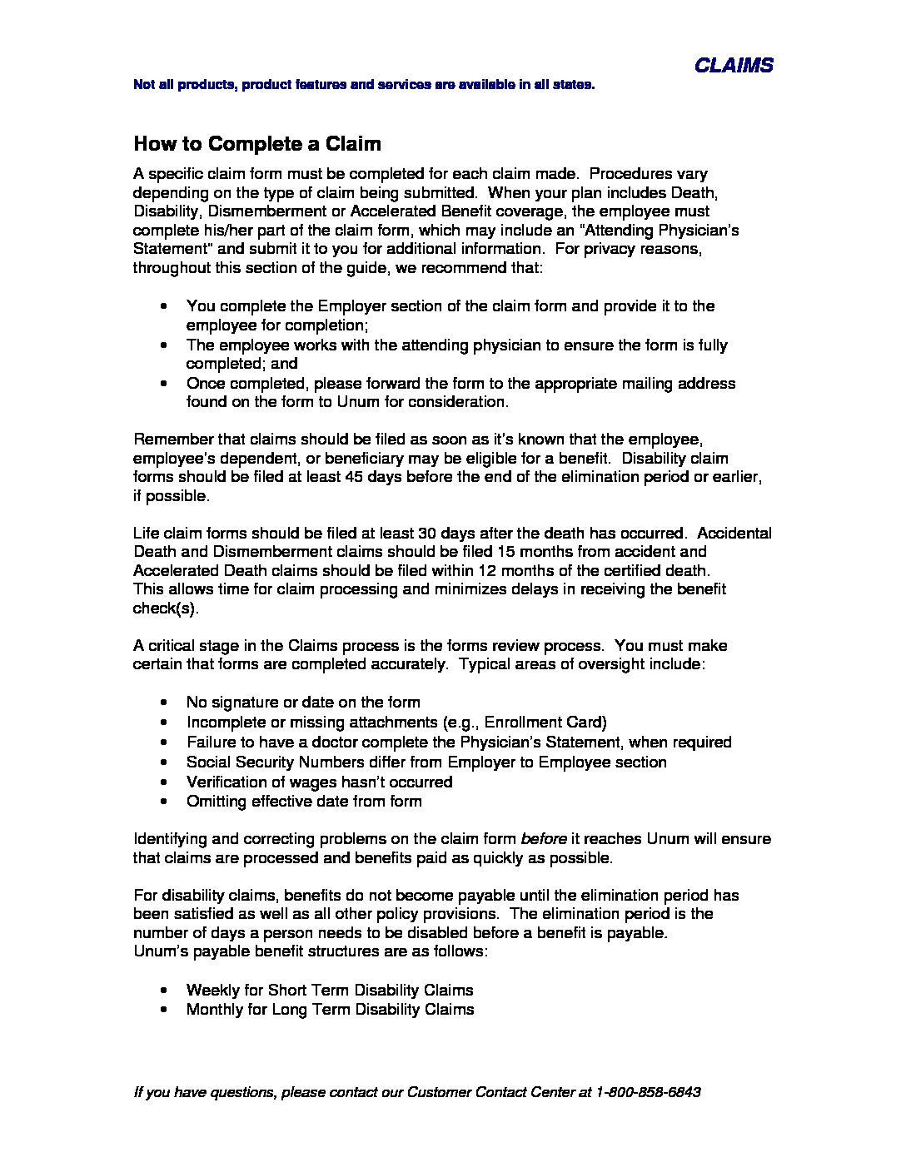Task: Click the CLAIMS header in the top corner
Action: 734,65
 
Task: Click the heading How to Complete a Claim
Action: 257,144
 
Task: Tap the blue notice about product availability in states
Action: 364,85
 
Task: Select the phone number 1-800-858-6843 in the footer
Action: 649,1092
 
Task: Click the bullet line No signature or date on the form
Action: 303,703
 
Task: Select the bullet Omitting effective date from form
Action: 304,802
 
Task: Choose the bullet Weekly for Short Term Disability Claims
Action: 330,991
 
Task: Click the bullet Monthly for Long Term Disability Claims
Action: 331,1010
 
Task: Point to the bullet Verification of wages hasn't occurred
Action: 319,782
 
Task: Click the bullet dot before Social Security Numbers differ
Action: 169,762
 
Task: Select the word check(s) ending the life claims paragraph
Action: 166,608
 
